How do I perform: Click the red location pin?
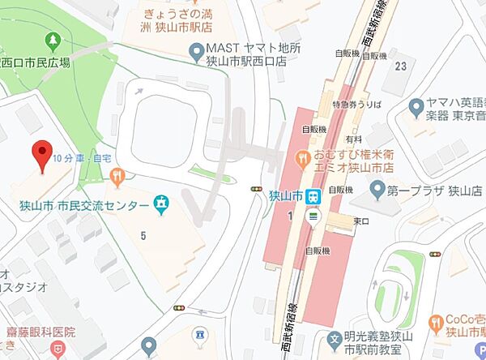42,152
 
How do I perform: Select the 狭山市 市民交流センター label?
80,207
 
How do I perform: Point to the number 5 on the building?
143,236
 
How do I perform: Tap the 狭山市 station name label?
286,195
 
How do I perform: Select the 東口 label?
360,221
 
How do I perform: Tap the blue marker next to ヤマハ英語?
416,106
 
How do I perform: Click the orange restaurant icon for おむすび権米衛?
303,155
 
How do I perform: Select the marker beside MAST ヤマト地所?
195,54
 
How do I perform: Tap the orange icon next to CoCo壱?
437,324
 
